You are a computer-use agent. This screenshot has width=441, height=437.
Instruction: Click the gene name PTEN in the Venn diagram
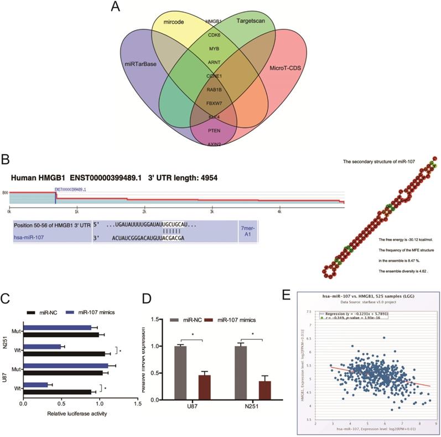[x=214, y=130]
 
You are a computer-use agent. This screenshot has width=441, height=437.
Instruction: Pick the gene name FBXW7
[x=214, y=103]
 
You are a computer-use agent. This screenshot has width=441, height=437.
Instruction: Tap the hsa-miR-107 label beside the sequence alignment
[x=29, y=237]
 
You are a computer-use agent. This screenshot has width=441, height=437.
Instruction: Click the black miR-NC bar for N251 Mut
[x=61, y=334]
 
